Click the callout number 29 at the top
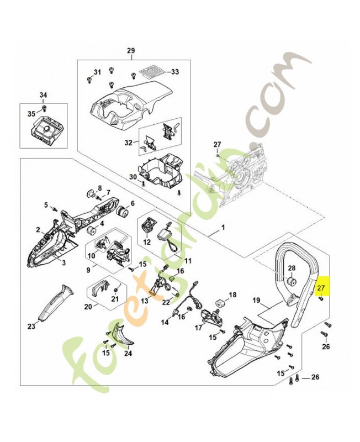pyautogui.click(x=130, y=51)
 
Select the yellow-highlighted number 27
pyautogui.click(x=321, y=287)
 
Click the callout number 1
pyautogui.click(x=223, y=227)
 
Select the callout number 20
pyautogui.click(x=88, y=307)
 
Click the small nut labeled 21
pyautogui.click(x=115, y=290)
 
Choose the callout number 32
pyautogui.click(x=128, y=142)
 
